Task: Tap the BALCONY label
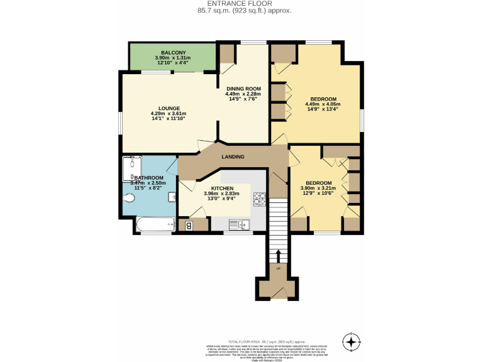tap(172, 52)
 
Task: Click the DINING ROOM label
tap(243, 89)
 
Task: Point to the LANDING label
tap(233, 156)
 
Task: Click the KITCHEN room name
tap(223, 189)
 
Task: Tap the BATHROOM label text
tap(148, 178)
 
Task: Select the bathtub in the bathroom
tap(155, 224)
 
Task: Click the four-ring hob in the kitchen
tap(260, 199)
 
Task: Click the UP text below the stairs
tap(279, 269)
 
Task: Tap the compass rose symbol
tap(351, 341)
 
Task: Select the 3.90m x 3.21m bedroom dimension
tap(318, 188)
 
